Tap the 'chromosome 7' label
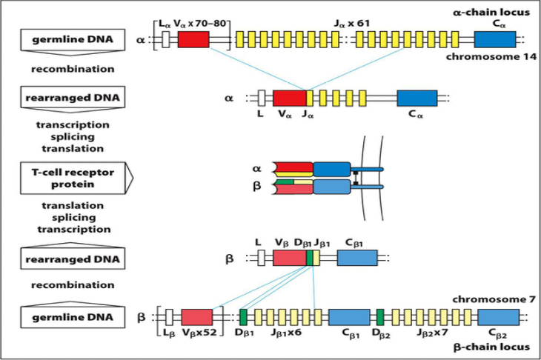494,298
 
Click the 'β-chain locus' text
494,347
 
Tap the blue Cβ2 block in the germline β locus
498,317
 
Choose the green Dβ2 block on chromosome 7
380,317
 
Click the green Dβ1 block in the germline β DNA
243,317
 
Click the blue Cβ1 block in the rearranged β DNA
356,258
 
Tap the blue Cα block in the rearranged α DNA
416,99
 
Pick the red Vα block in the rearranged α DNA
289,99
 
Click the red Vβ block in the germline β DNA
196,317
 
